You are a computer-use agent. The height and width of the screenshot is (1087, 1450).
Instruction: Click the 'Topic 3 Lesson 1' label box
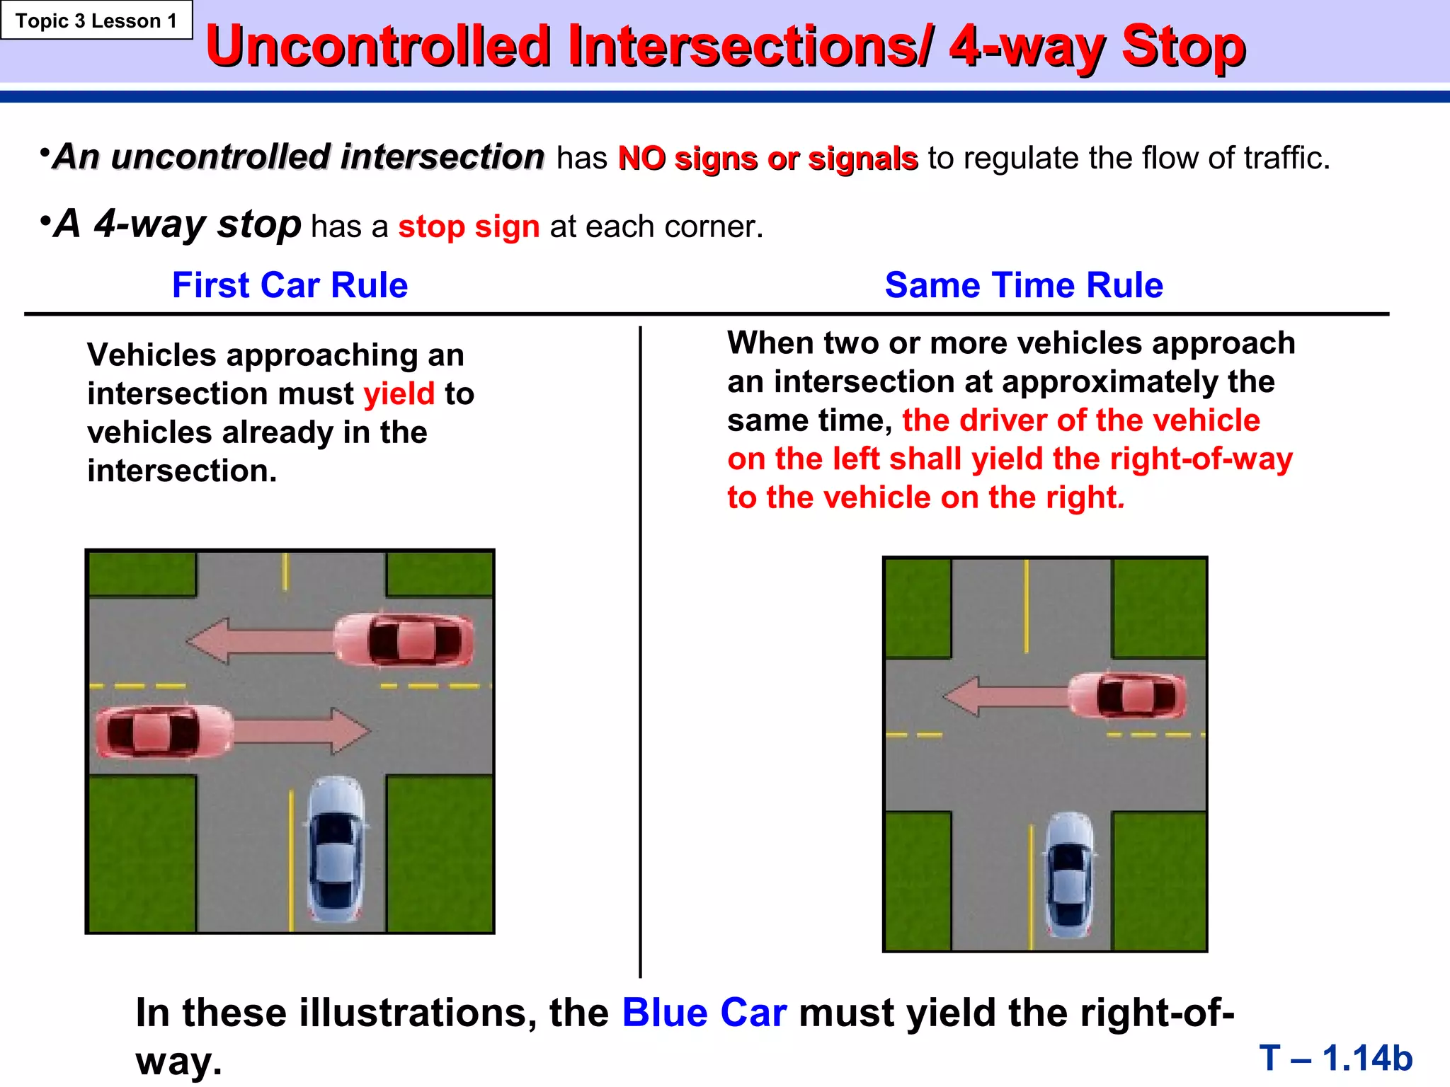pyautogui.click(x=96, y=21)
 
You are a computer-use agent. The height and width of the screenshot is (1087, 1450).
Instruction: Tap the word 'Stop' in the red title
pyautogui.click(x=1183, y=47)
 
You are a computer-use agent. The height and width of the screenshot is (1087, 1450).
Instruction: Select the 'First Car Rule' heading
pyautogui.click(x=290, y=285)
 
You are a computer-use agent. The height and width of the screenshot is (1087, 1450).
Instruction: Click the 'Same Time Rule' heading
pyautogui.click(x=1024, y=285)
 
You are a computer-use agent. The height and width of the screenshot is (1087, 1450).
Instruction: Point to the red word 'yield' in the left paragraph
pyautogui.click(x=399, y=394)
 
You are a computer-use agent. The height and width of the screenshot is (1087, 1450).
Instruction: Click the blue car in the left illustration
pyautogui.click(x=335, y=849)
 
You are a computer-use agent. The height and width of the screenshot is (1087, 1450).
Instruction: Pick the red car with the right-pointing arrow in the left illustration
pyautogui.click(x=164, y=731)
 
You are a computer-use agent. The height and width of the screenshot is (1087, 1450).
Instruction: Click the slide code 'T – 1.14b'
pyautogui.click(x=1335, y=1058)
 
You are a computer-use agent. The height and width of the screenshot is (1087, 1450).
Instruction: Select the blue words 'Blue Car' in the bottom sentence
pyautogui.click(x=704, y=1013)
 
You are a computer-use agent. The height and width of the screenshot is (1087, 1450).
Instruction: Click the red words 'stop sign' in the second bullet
pyautogui.click(x=469, y=227)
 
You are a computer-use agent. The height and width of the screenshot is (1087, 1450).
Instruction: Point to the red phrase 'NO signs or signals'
pyautogui.click(x=767, y=159)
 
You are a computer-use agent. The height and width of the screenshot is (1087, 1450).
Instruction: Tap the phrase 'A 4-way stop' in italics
pyautogui.click(x=178, y=224)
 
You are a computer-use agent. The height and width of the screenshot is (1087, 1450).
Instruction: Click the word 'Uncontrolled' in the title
pyautogui.click(x=378, y=47)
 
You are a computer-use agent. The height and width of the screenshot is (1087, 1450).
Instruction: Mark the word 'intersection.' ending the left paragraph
pyautogui.click(x=182, y=471)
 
